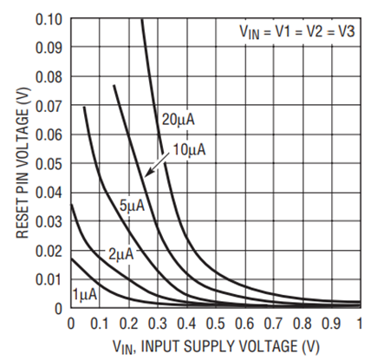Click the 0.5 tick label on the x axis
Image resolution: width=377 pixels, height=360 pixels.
[x=215, y=323]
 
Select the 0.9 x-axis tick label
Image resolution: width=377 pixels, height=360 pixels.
[x=331, y=323]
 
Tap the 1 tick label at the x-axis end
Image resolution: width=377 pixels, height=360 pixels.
[x=360, y=323]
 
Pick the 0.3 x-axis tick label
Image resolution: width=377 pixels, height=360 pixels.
[x=157, y=323]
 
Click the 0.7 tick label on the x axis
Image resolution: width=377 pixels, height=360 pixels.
[x=273, y=323]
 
